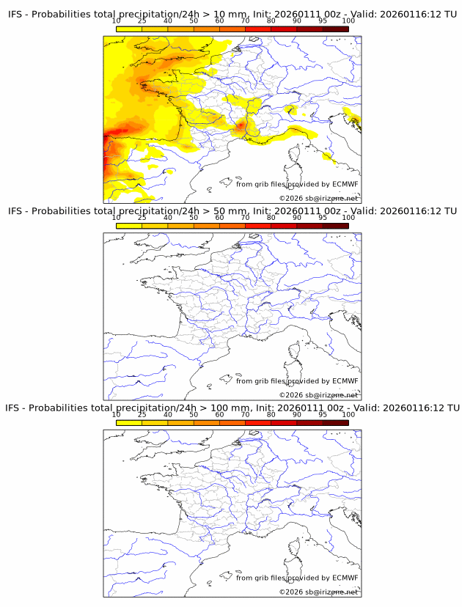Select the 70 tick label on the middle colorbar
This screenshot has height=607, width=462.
click(246, 217)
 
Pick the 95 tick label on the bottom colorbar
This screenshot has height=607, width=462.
click(323, 414)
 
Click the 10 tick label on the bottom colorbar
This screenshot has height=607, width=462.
click(117, 414)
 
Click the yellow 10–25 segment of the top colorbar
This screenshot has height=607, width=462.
click(129, 29)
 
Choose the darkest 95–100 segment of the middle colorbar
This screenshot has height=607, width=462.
click(335, 227)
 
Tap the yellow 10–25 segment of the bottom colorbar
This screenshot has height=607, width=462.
click(129, 423)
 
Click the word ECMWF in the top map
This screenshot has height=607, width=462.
click(345, 184)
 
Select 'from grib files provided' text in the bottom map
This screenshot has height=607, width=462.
click(268, 578)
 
